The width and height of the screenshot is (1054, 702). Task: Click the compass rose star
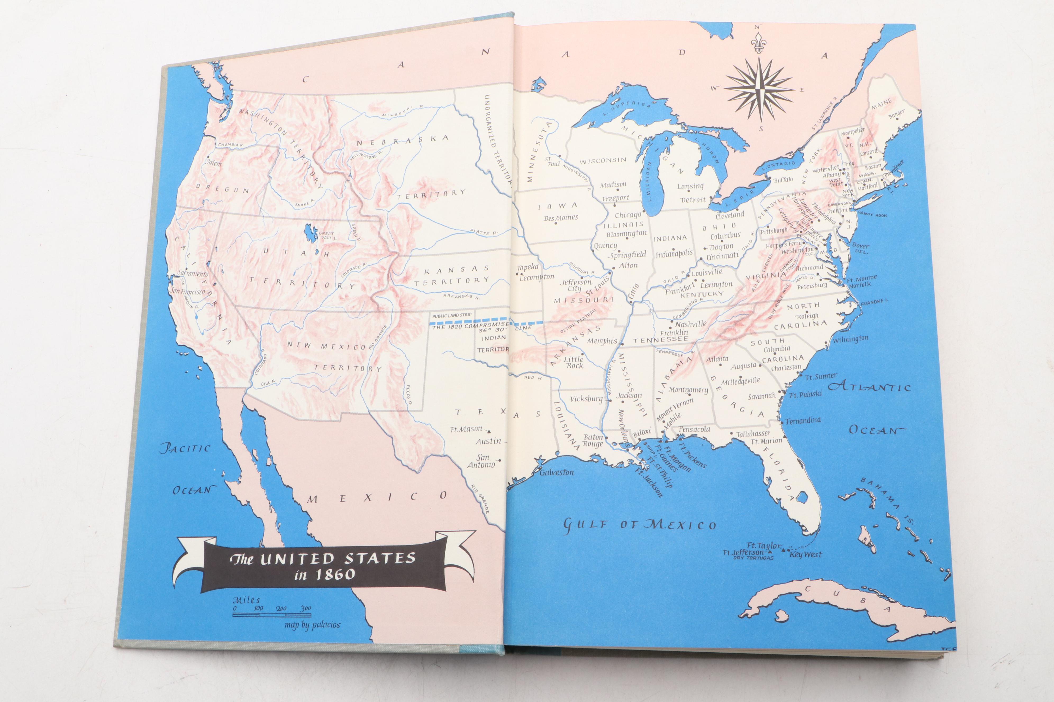(x=759, y=90)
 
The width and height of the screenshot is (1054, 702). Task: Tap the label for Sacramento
(x=193, y=274)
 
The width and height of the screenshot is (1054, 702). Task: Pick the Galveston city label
(x=556, y=472)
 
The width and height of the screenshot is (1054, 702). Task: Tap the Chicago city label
(x=628, y=215)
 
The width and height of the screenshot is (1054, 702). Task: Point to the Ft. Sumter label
(x=821, y=377)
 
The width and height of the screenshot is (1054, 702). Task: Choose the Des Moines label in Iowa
(x=561, y=218)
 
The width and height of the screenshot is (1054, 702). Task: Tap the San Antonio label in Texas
(x=481, y=461)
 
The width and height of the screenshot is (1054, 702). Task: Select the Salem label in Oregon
(x=213, y=163)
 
